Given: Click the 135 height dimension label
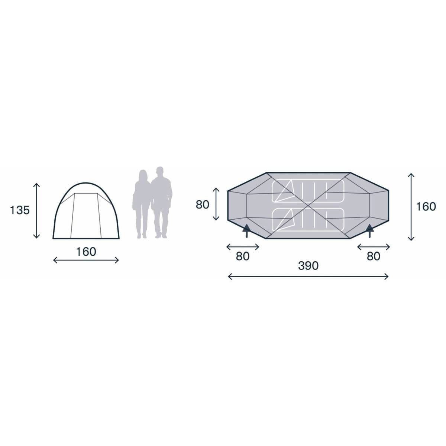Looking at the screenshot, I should point(20,210).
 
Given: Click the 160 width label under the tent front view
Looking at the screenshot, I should point(86,252).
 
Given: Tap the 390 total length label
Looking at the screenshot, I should point(308,266).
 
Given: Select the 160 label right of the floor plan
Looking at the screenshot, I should point(426,206).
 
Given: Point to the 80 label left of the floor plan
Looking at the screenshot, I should point(203,204).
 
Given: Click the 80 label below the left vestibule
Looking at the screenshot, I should point(243,256).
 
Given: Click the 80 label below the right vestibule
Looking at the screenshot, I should point(374,256).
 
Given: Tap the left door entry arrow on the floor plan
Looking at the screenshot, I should point(246,230).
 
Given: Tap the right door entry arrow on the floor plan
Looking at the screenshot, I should point(369,230).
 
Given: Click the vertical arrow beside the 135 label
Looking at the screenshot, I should point(36,210).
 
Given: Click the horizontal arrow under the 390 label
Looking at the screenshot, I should point(308,276).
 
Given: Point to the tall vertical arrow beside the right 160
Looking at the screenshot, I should point(411,206).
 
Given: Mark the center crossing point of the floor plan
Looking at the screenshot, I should point(308,206).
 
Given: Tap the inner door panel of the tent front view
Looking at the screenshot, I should point(86,216).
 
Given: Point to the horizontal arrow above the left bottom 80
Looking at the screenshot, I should point(243,246).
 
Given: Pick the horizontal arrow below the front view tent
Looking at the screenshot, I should point(86,260).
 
